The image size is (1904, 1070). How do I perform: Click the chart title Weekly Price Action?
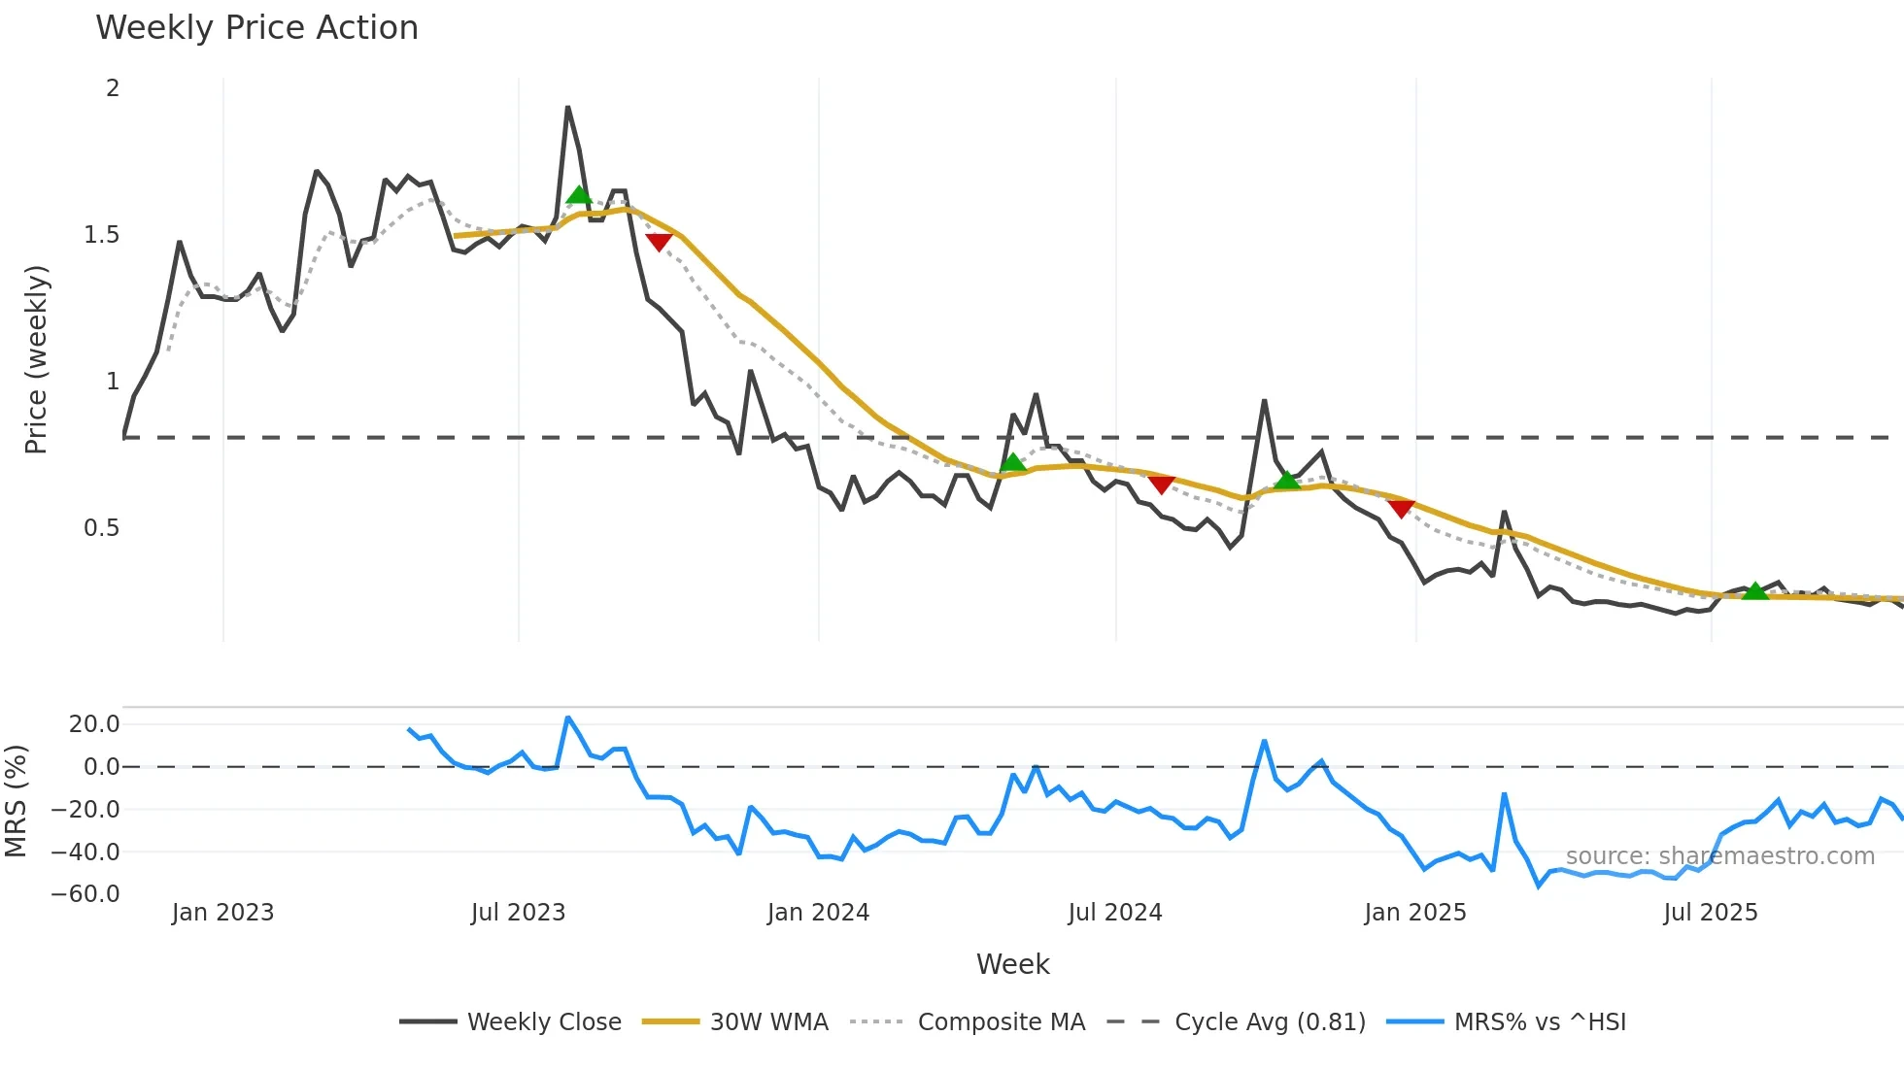pos(256,28)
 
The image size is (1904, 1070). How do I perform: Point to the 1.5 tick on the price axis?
pos(101,235)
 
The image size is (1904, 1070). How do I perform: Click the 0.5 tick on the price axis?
pos(101,528)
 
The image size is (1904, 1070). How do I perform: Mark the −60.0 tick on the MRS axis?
pos(85,894)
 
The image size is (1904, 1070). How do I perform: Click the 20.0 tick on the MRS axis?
pos(94,724)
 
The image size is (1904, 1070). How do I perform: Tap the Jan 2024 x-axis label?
pos(818,913)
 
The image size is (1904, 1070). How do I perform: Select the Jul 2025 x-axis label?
pos(1710,913)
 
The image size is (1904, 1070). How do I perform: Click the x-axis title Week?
pos(1012,964)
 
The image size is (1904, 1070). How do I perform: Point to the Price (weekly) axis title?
pos(36,359)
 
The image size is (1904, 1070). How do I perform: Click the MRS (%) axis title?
pos(16,801)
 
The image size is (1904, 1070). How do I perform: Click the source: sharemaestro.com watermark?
pos(1719,856)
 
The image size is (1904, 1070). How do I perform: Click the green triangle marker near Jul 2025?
pos(1754,590)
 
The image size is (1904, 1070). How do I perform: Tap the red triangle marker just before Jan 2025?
pos(1401,508)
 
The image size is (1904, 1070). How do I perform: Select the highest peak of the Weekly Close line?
pos(567,108)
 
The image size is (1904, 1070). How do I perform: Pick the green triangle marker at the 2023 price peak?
pos(579,194)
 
